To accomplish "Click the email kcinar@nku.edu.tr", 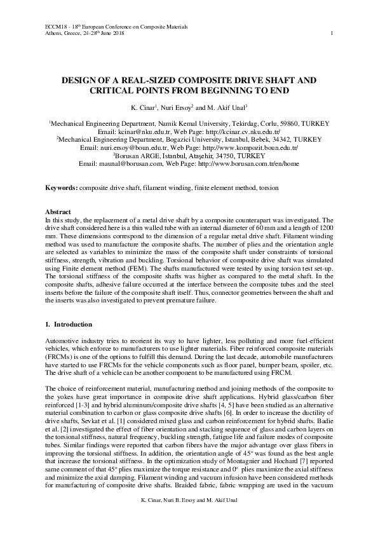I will (x=154, y=132).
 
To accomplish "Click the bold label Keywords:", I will (x=61, y=189).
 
